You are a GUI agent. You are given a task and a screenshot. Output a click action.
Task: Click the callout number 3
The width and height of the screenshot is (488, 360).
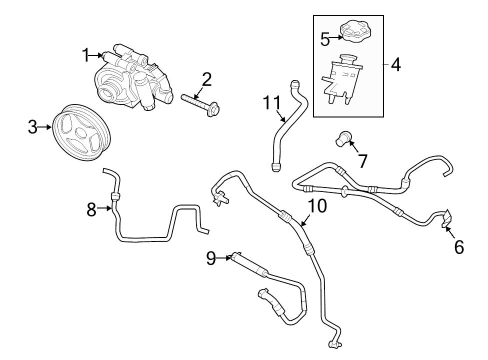point(32,127)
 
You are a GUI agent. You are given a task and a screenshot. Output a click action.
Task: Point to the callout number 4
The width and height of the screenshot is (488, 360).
point(395,65)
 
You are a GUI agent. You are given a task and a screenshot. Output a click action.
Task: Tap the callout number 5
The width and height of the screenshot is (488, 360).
point(325,38)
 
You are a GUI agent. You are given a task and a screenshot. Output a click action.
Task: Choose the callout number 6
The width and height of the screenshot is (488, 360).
point(458,246)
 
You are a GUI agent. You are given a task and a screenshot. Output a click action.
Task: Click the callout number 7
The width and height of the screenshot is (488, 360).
point(362,161)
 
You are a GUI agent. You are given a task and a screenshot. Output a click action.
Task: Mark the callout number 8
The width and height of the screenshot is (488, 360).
point(91,209)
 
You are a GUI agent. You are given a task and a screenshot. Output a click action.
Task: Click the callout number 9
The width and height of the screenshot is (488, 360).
point(211,258)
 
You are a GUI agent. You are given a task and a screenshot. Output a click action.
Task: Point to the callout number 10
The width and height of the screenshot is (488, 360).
point(317,205)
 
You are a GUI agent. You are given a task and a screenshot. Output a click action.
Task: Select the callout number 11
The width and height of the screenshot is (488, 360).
point(272,102)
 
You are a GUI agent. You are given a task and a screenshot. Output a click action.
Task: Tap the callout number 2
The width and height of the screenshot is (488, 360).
point(206,78)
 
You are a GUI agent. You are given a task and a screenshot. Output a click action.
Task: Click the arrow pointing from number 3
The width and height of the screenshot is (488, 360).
point(46,127)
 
